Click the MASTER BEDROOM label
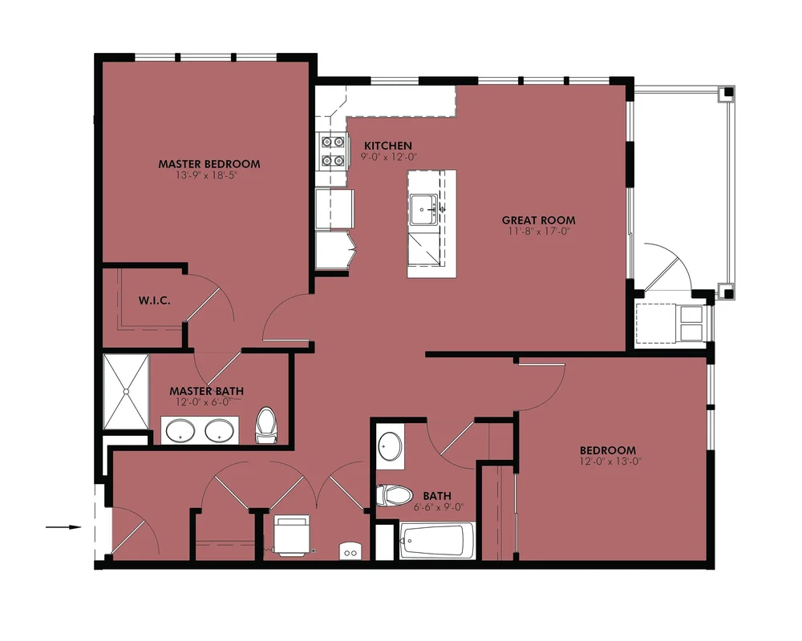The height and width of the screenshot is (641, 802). (x=209, y=164)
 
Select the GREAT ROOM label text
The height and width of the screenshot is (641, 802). (x=538, y=220)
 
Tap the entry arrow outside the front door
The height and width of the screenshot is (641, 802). (x=64, y=527)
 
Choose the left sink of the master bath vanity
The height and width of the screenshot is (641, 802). (x=181, y=430)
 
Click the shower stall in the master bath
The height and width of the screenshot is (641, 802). (x=127, y=392)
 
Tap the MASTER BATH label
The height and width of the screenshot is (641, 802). (x=206, y=391)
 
